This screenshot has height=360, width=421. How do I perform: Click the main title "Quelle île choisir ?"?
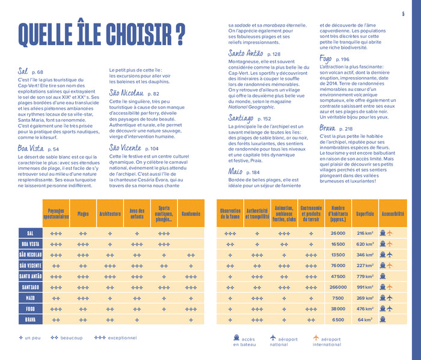pyautogui.click(x=102, y=36)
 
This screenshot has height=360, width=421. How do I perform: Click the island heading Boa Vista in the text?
pyautogui.click(x=30, y=149)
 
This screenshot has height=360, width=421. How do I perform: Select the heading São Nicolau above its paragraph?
pyautogui.click(x=126, y=93)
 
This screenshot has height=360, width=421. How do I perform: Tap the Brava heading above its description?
pyautogui.click(x=328, y=128)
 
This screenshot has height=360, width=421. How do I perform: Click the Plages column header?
pyautogui.click(x=83, y=213)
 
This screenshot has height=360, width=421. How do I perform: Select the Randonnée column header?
pyautogui.click(x=191, y=213)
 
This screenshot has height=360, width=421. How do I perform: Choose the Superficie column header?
pyautogui.click(x=365, y=213)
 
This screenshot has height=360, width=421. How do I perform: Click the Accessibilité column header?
pyautogui.click(x=393, y=213)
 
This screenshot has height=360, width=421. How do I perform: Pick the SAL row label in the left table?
pyautogui.click(x=30, y=233)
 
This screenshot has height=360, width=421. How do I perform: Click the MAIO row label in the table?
pyautogui.click(x=30, y=298)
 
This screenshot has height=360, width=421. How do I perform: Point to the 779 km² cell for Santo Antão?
pyautogui.click(x=365, y=276)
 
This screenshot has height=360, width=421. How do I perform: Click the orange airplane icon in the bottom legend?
pyautogui.click(x=316, y=338)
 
